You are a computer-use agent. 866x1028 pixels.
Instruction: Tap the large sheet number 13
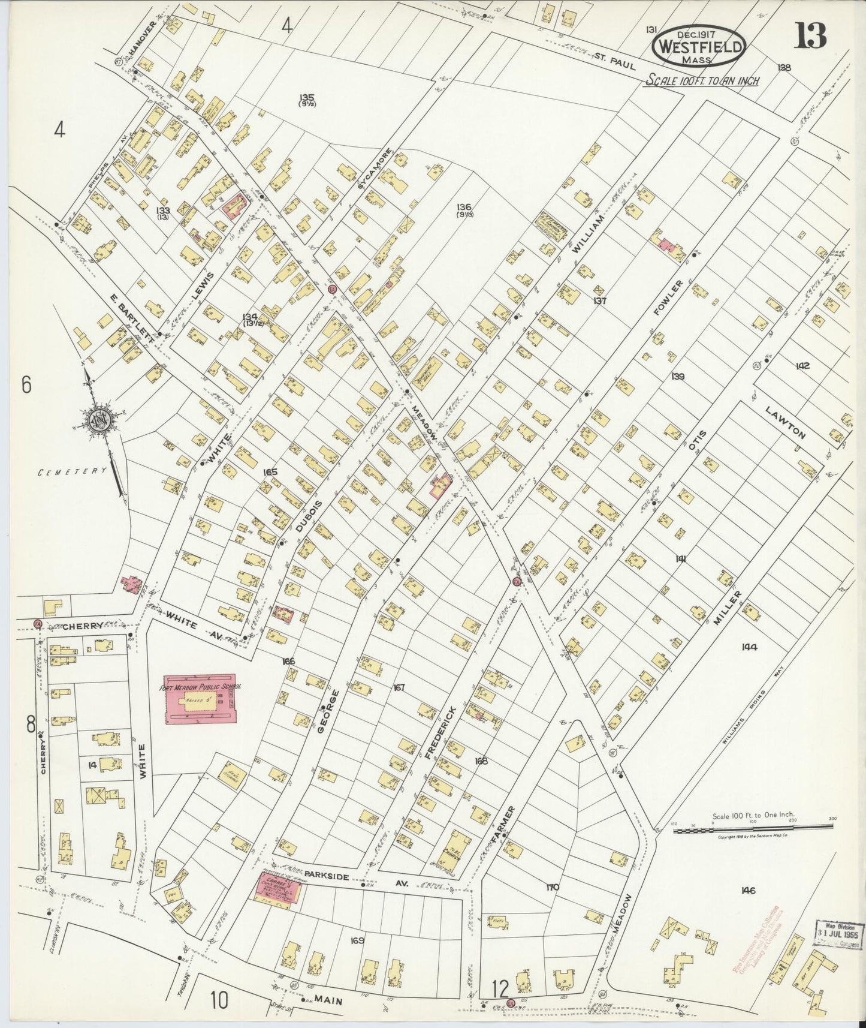pos(810,37)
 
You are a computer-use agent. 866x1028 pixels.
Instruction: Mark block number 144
pos(749,647)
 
